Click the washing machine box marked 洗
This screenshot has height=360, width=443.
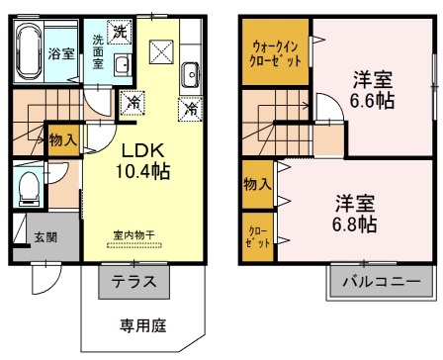(x=120, y=32)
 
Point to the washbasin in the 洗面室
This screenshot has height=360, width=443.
(x=122, y=66)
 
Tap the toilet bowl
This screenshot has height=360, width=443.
(x=29, y=183)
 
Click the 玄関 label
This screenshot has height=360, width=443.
(x=45, y=237)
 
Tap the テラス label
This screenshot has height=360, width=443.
(x=133, y=281)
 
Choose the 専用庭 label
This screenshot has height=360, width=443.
(x=140, y=323)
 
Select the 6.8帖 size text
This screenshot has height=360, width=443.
(x=356, y=225)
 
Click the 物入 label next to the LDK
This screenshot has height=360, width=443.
(x=64, y=139)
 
